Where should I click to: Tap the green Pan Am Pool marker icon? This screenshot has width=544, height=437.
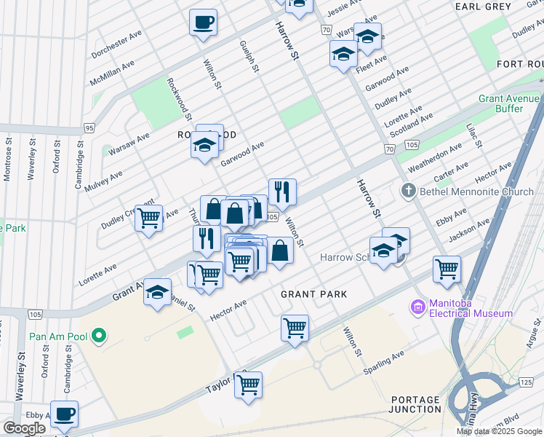point(100,336)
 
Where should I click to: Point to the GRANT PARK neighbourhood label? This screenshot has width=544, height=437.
point(313,294)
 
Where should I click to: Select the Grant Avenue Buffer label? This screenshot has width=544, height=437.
point(500,103)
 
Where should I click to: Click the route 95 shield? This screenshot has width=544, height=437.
point(89,128)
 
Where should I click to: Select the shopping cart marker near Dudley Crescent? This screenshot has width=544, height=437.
point(148,217)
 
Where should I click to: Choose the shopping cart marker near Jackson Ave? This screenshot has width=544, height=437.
point(447,267)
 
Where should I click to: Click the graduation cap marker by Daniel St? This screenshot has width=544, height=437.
point(158,292)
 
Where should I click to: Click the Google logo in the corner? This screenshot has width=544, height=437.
point(24,428)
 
